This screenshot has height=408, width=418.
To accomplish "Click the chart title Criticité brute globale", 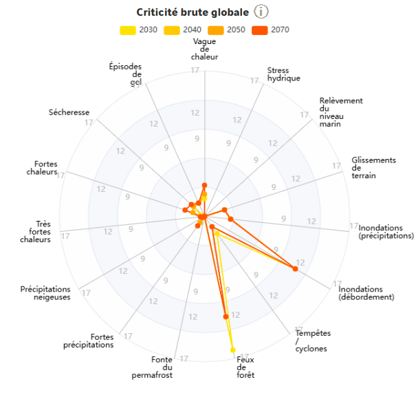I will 192,12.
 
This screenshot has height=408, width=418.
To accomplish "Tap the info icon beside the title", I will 261,12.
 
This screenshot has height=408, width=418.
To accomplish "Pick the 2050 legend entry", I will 227,30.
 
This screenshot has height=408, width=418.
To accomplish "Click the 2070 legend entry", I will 271,30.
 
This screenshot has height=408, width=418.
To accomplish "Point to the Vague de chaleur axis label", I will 205,50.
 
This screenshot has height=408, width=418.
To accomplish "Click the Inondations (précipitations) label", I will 386,232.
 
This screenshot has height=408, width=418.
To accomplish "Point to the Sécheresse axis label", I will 69,112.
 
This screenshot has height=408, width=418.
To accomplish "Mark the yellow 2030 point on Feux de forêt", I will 233,350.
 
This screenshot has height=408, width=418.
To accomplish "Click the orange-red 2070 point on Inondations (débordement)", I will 295,269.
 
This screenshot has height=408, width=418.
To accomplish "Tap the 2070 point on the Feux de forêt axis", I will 225,316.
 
